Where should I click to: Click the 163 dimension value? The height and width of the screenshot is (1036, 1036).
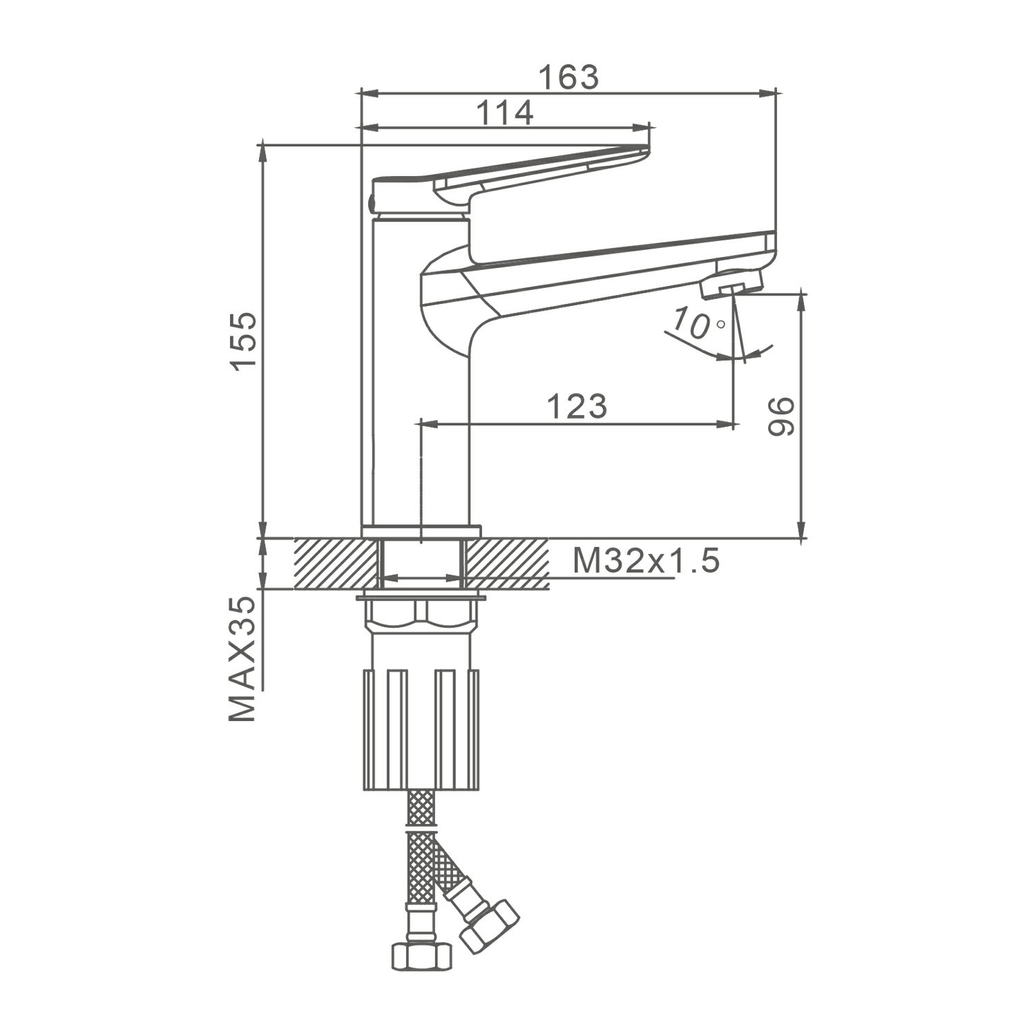coord(568,77)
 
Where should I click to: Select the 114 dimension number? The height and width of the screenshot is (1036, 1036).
coord(506,113)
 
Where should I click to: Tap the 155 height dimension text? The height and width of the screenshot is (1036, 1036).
coord(244,342)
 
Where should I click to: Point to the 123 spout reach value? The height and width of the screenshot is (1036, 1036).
coord(577,406)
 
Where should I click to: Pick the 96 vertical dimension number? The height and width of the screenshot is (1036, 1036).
coord(781,416)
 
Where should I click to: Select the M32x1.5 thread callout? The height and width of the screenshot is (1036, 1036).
coord(646,561)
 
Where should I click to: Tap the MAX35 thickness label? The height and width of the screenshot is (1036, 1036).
coord(242,659)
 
